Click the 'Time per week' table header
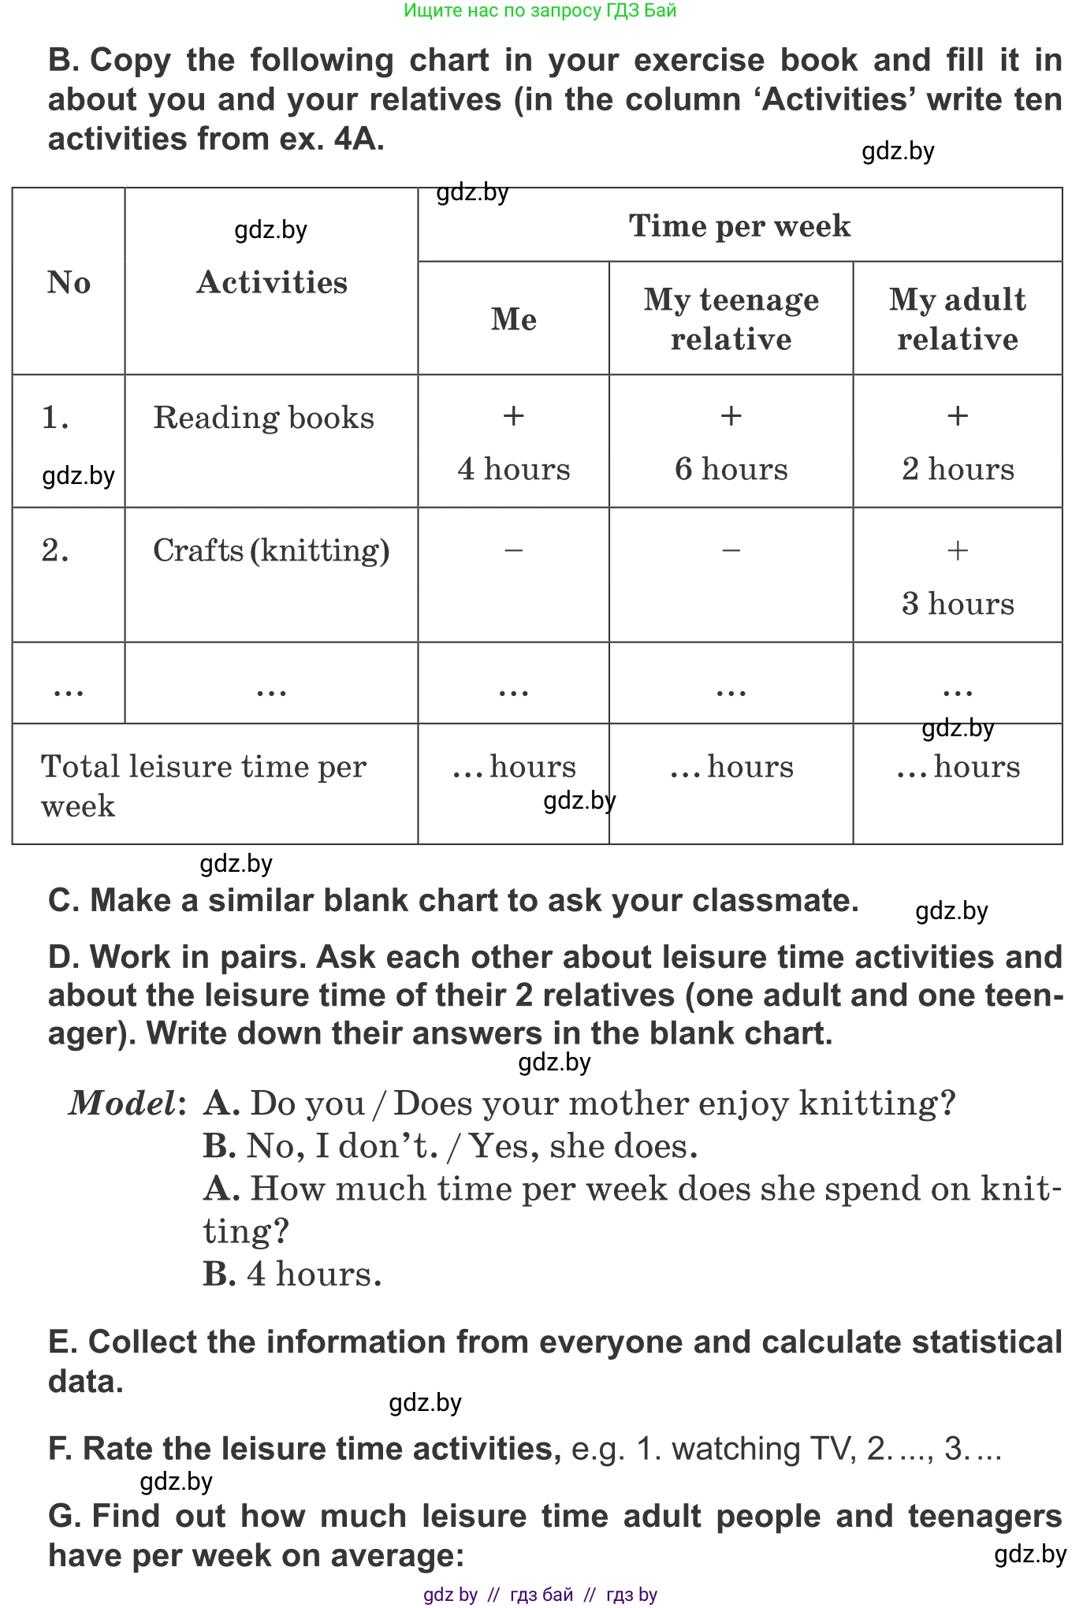click(739, 226)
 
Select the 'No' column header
click(69, 282)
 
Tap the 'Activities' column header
click(272, 282)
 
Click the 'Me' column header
click(514, 319)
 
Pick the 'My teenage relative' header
click(731, 319)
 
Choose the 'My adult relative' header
click(958, 319)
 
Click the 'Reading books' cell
click(263, 418)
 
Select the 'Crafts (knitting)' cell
click(271, 551)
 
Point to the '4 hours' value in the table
click(514, 469)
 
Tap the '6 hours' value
click(731, 469)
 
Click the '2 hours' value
click(958, 469)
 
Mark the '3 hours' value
click(958, 604)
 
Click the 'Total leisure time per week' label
click(203, 785)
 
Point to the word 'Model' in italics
click(122, 1104)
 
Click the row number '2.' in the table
click(55, 551)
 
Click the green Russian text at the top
click(540, 10)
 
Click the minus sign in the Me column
click(514, 550)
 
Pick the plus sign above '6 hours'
click(731, 415)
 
